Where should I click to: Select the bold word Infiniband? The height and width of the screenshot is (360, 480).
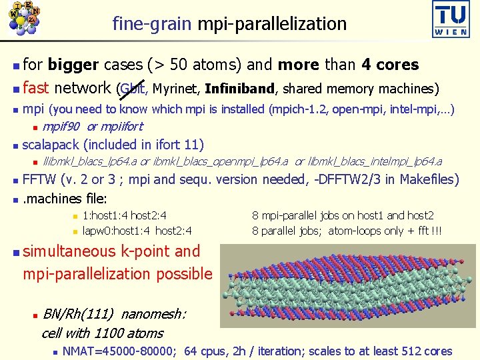[x=240, y=89]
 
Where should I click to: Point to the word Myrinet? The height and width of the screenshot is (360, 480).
[x=176, y=89]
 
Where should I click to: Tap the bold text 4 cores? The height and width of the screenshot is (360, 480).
[x=390, y=65]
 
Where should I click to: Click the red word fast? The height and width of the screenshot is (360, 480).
[x=36, y=88]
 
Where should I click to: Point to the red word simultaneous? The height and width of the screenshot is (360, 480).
[x=69, y=251]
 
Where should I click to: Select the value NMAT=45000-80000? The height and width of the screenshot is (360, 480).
[x=119, y=351]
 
